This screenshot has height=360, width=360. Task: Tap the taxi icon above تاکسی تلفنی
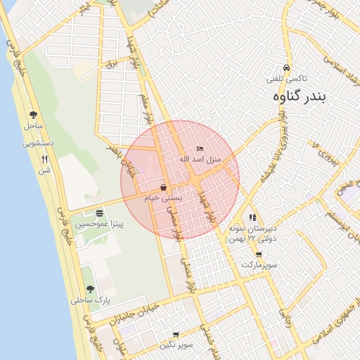coord(285,61)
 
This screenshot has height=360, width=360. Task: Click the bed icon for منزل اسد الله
coord(200,149)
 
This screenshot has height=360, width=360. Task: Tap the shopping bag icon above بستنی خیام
coord(164,188)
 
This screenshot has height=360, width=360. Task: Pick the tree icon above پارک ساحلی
coord(89,288)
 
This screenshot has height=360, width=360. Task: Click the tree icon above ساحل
coord(33,115)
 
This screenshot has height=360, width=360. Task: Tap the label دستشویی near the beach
coord(38,143)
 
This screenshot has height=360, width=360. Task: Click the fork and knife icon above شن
coord(45,159)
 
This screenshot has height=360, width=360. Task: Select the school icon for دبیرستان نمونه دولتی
coord(252,218)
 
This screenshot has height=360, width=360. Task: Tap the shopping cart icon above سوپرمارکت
coord(259,255)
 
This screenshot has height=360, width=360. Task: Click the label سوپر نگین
coord(175,345)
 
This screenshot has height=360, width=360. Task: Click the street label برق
coord(110,65)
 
